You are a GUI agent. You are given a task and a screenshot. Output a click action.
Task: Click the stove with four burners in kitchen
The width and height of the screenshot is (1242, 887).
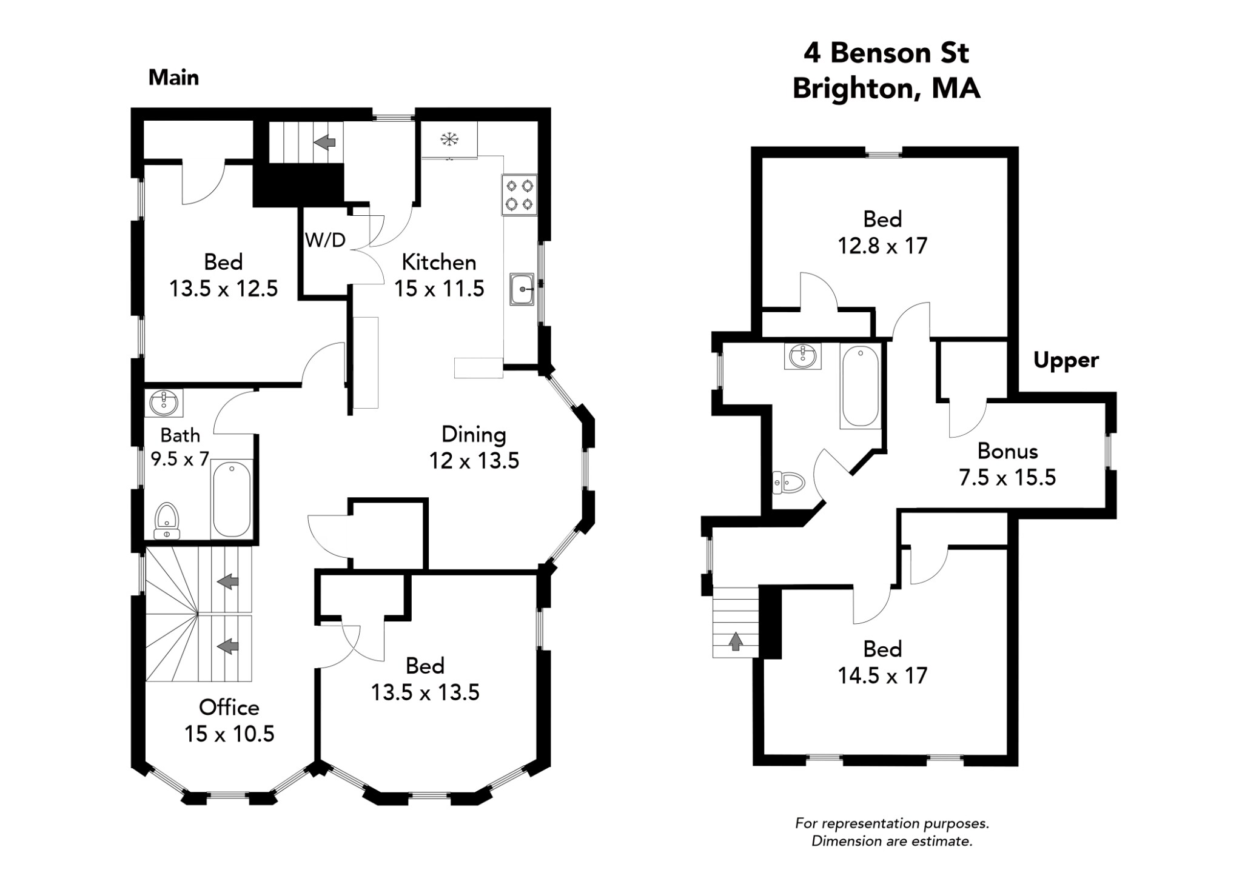click(x=519, y=195)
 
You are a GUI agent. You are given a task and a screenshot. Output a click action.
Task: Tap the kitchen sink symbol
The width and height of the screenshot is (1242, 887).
click(x=522, y=289)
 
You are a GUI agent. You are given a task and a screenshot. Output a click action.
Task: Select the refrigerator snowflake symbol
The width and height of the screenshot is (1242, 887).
click(x=449, y=140)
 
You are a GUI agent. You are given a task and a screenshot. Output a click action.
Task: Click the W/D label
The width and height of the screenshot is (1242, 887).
click(x=325, y=240)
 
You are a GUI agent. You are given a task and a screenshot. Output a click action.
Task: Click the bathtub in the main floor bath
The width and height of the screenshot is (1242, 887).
click(x=232, y=499)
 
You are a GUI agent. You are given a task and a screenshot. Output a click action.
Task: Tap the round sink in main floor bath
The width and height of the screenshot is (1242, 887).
click(x=164, y=403)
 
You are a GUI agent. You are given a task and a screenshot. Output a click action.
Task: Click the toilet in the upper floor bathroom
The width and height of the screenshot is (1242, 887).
click(x=789, y=483)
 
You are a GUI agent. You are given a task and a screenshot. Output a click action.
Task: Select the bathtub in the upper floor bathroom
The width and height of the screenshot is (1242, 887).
click(x=860, y=386)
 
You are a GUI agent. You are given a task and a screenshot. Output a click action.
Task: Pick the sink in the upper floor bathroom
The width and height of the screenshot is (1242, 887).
click(x=802, y=356)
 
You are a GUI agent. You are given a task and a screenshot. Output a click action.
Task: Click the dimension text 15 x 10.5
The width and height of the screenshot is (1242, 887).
click(x=229, y=734)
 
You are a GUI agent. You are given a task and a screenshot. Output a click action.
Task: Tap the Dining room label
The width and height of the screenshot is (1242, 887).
click(x=474, y=434)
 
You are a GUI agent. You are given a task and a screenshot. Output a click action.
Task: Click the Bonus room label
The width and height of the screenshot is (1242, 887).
click(x=1007, y=451)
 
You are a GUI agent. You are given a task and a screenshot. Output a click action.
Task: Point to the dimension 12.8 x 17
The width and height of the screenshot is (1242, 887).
click(x=882, y=246)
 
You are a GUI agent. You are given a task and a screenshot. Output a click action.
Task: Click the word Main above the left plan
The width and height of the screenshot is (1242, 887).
click(x=173, y=78)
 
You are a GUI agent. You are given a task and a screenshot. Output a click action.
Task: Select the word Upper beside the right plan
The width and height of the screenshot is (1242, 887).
click(x=1066, y=360)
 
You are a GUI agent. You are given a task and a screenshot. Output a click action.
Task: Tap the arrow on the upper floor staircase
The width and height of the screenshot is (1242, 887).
click(x=735, y=641)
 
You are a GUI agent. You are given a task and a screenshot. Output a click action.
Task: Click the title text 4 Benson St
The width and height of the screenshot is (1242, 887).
click(x=886, y=53)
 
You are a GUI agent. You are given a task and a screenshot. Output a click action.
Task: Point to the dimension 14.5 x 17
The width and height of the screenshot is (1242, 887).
click(x=882, y=675)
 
